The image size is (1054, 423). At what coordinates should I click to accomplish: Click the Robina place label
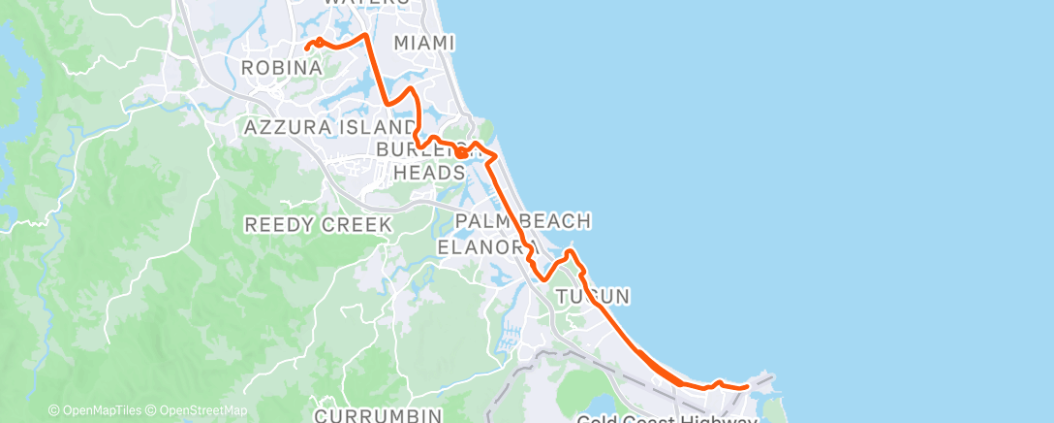281,68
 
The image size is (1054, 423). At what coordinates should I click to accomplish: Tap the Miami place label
424,43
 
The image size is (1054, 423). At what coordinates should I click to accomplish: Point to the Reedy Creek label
318,224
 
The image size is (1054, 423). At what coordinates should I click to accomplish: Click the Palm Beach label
522,221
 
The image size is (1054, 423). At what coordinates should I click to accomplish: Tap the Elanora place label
482,246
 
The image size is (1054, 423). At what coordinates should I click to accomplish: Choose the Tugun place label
594,295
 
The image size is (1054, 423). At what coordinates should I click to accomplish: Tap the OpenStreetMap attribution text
198,410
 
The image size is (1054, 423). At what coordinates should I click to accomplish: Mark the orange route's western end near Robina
306,47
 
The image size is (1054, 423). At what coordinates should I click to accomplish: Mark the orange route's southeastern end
748,386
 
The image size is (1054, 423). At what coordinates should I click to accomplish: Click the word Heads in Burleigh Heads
430,172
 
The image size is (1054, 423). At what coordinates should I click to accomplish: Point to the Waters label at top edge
366,3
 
